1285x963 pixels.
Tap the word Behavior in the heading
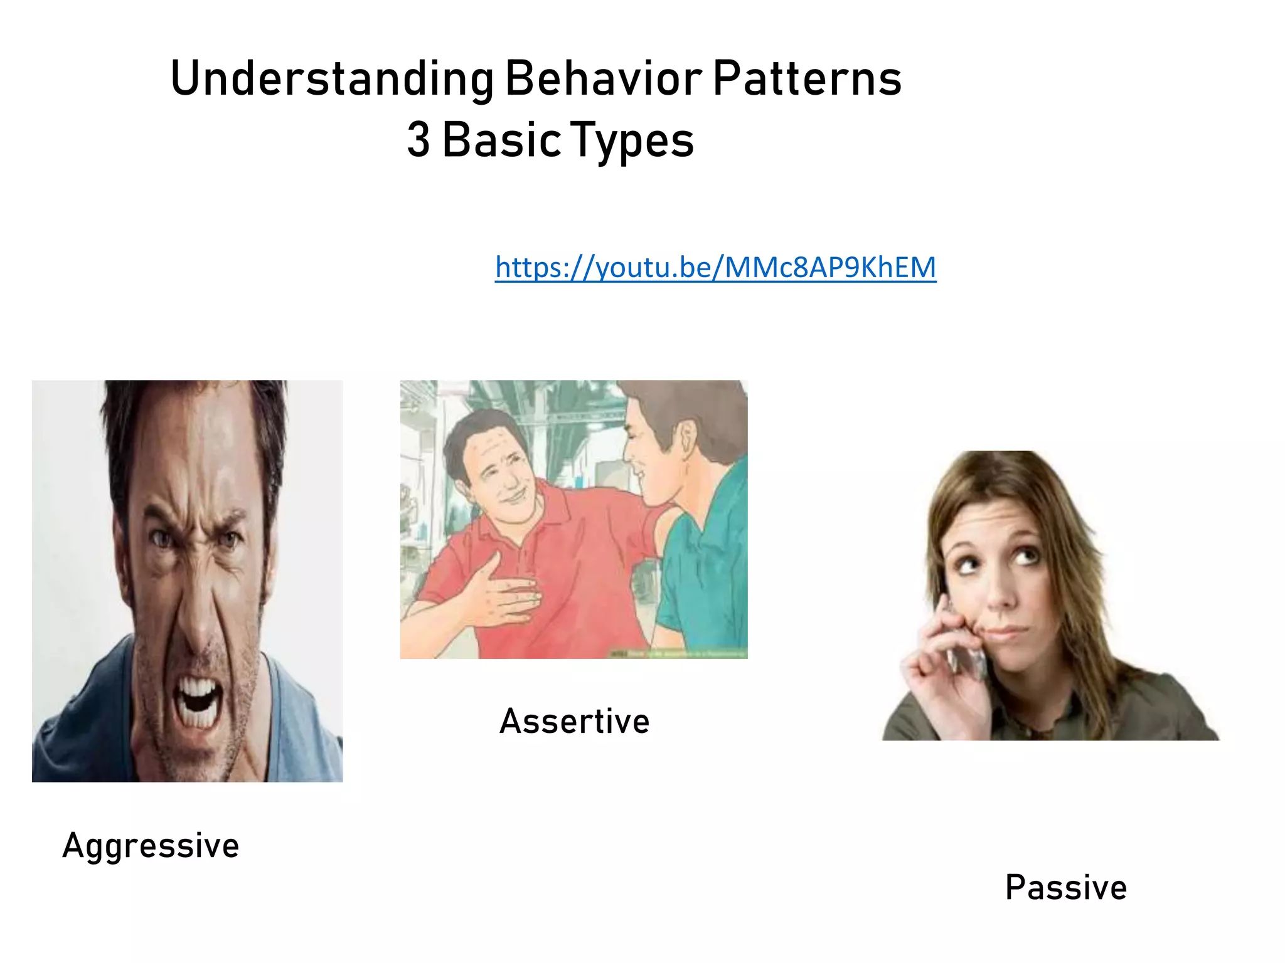tap(604, 80)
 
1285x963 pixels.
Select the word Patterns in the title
tap(808, 80)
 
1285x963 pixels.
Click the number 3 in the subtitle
tap(419, 140)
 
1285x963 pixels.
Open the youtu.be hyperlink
tap(715, 268)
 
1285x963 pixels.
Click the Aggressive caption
tap(151, 846)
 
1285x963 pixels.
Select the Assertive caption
tap(574, 721)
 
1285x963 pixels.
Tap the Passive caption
tap(1065, 888)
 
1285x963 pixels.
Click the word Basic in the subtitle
tap(502, 140)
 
